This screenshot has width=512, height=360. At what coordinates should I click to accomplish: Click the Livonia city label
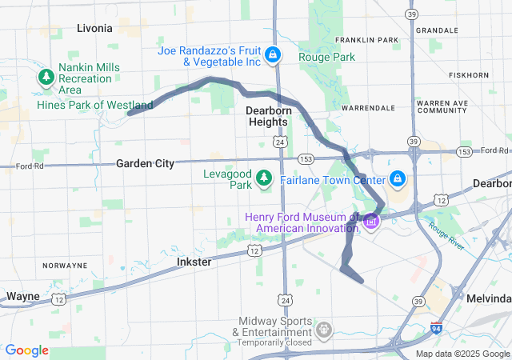point(94,28)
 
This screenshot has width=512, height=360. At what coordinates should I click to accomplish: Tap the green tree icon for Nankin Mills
point(46,78)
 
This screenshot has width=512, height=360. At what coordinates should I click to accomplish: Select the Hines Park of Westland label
point(94,105)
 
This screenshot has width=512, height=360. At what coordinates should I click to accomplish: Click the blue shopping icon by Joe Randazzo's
point(273,55)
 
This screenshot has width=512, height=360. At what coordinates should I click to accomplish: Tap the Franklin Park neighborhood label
point(366,40)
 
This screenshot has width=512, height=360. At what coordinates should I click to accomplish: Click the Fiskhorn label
point(469,75)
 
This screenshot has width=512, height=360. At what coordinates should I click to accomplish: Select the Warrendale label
point(368,107)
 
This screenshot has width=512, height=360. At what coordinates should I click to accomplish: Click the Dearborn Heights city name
point(266,115)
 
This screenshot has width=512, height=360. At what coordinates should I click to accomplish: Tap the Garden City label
point(145,163)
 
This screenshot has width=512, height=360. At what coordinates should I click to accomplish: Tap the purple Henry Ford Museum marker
point(371,222)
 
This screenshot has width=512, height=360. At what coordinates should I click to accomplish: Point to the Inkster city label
point(194,262)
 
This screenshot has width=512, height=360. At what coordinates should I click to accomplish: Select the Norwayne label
point(65,265)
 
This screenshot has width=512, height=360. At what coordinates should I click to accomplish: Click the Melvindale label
point(488,297)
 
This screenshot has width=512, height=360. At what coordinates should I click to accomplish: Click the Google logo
point(26,350)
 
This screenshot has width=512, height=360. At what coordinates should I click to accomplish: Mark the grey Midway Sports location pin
point(324,329)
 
